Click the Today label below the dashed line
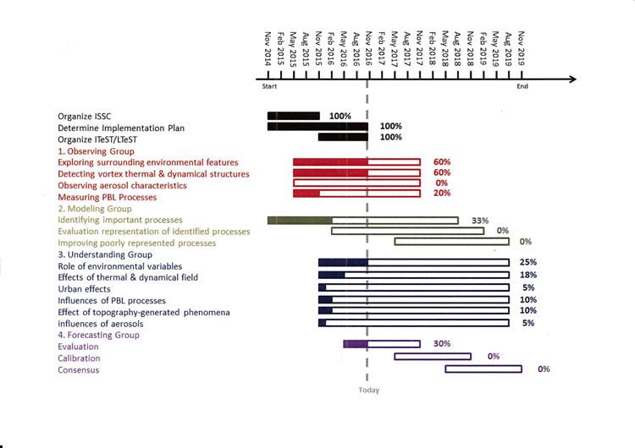click(x=368, y=390)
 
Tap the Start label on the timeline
click(x=269, y=87)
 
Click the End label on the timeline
click(x=522, y=87)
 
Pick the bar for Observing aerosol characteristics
click(x=356, y=183)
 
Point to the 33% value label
click(x=480, y=220)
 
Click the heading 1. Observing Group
click(x=97, y=150)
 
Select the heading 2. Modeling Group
click(x=94, y=208)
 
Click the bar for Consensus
click(x=483, y=369)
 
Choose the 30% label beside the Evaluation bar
click(x=441, y=344)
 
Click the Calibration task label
click(x=79, y=358)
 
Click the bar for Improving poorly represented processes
click(x=451, y=242)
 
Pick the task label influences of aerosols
click(x=100, y=323)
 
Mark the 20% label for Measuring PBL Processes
click(x=441, y=194)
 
